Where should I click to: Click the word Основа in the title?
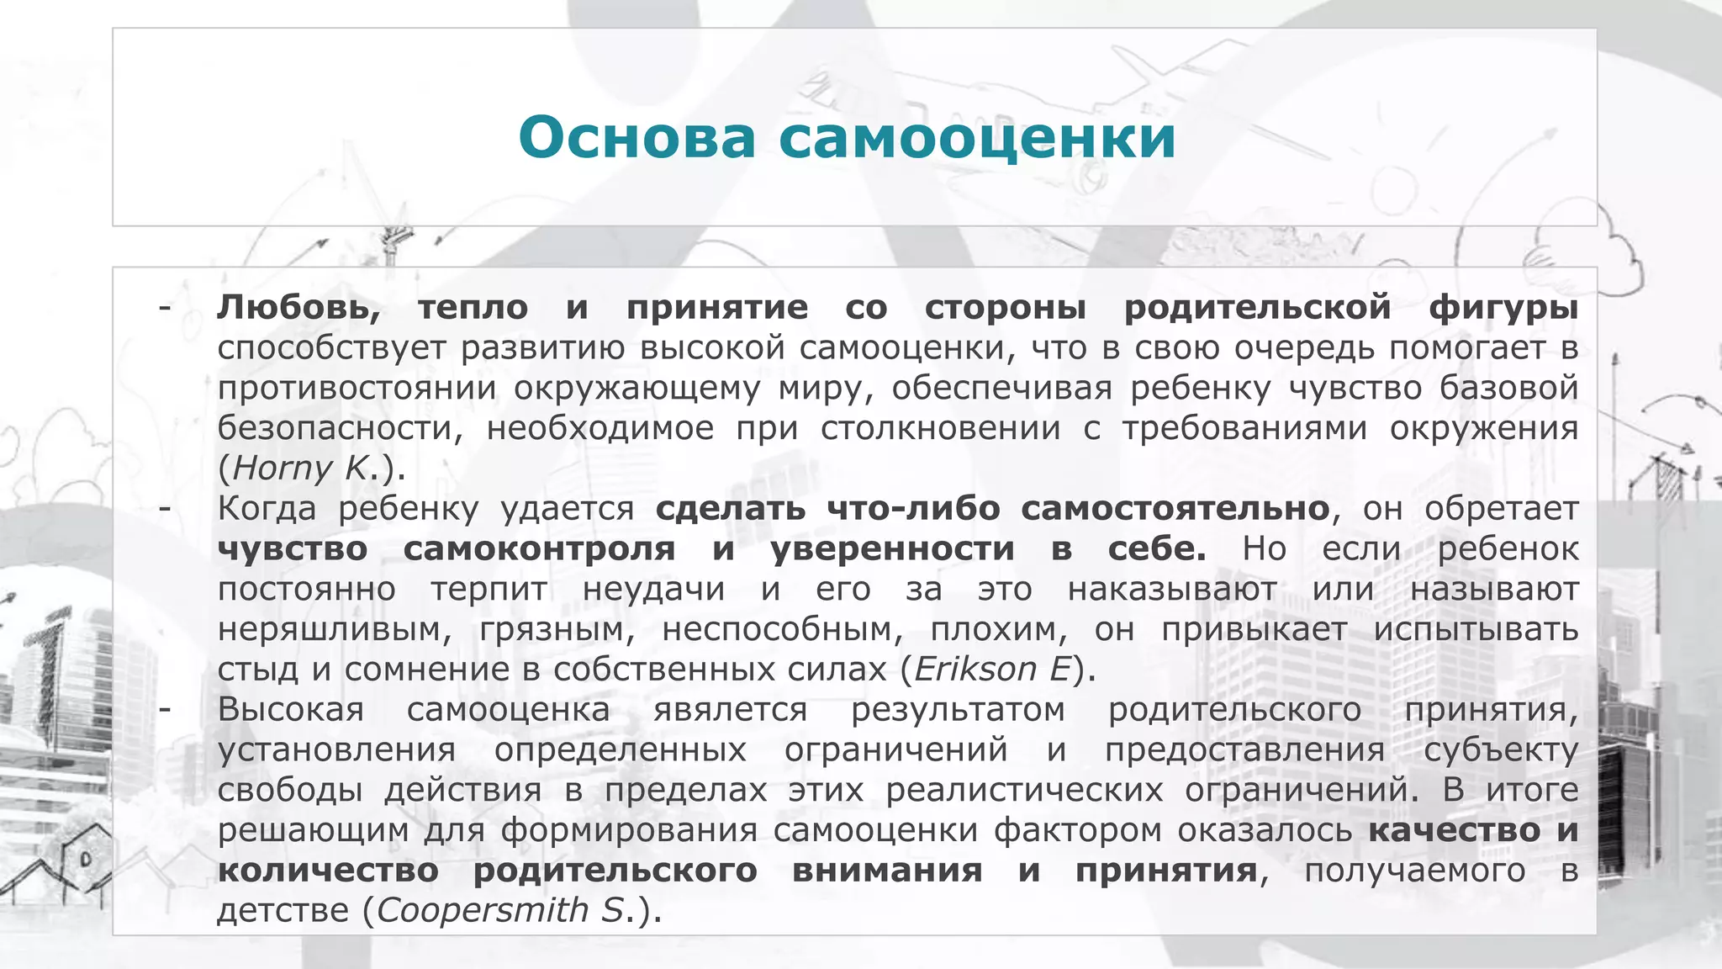pyautogui.click(x=637, y=137)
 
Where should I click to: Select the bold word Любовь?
pyautogui.click(x=298, y=308)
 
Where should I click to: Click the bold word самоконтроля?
pyautogui.click(x=539, y=548)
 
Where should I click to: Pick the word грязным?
pyautogui.click(x=557, y=629)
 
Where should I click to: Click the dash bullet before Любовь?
pyautogui.click(x=165, y=308)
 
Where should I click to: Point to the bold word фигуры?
pyautogui.click(x=1503, y=308)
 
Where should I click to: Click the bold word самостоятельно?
pyautogui.click(x=1175, y=509)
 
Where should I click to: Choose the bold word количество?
pyautogui.click(x=328, y=871)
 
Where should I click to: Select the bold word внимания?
pyautogui.click(x=887, y=871)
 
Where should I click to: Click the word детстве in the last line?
pyautogui.click(x=283, y=911)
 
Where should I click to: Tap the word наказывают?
pyautogui.click(x=1172, y=589)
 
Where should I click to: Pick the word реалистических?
pyautogui.click(x=1024, y=790)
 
